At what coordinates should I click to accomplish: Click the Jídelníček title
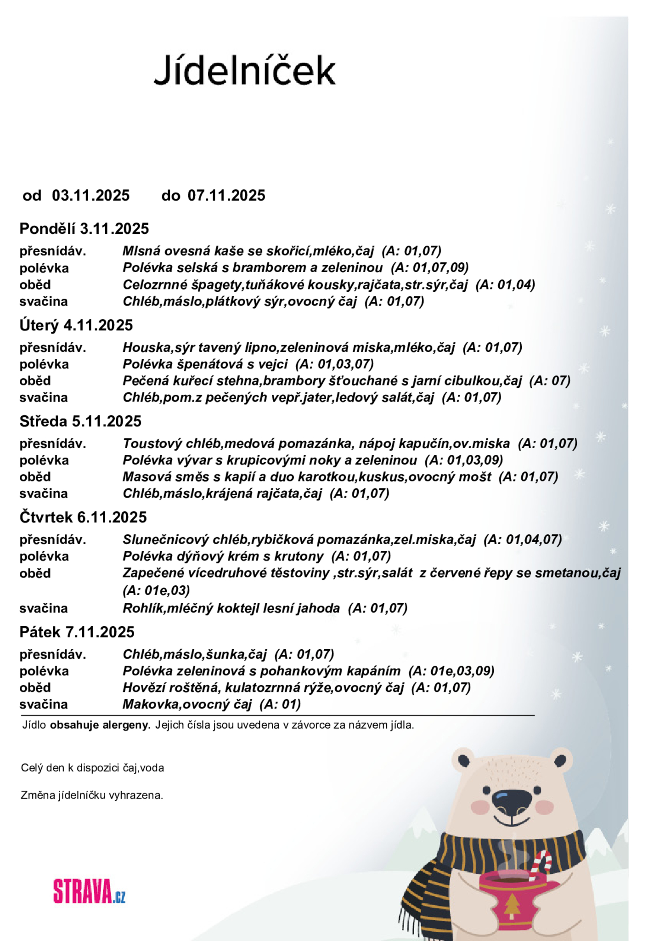245,71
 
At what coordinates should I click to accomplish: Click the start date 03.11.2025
90,196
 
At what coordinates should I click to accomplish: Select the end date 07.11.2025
226,196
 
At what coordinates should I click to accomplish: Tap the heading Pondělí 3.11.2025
84,229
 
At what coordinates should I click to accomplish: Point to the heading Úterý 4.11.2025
76,325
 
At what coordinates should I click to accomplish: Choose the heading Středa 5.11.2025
80,421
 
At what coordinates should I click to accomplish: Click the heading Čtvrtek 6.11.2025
83,517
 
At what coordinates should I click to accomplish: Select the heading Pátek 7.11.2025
77,632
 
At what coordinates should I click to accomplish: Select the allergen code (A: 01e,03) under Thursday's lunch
156,590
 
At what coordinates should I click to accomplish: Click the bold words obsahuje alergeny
100,726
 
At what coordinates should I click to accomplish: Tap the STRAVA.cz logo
89,891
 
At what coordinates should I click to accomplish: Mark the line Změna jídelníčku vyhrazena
92,795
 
